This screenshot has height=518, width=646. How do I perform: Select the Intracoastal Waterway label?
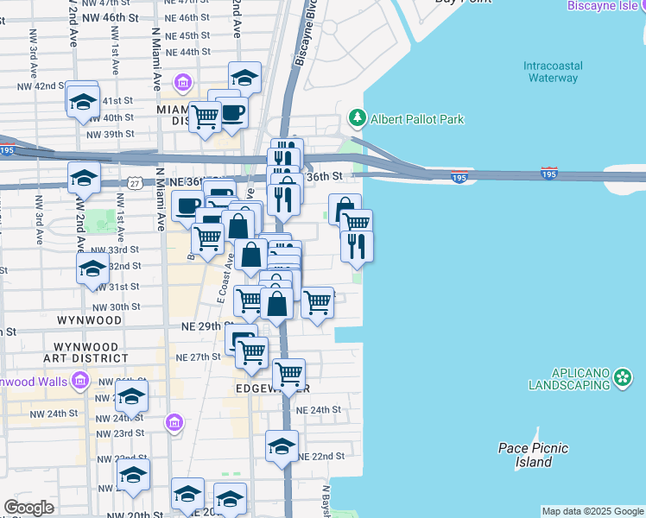[551, 72]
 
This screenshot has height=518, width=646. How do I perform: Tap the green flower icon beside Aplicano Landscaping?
[624, 377]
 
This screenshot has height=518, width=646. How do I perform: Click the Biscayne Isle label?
[605, 6]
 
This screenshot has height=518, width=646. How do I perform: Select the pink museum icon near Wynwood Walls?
[79, 380]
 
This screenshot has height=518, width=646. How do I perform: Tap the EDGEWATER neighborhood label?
[271, 389]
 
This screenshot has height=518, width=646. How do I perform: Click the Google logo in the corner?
[28, 508]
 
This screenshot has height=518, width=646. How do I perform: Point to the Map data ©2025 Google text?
[593, 511]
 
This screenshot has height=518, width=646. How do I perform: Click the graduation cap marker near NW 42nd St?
[83, 101]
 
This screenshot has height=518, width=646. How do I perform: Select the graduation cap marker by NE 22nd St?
[282, 446]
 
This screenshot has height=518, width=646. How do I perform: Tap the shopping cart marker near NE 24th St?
[288, 374]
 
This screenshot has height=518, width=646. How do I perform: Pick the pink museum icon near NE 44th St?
[183, 82]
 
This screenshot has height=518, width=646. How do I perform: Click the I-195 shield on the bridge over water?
[548, 174]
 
